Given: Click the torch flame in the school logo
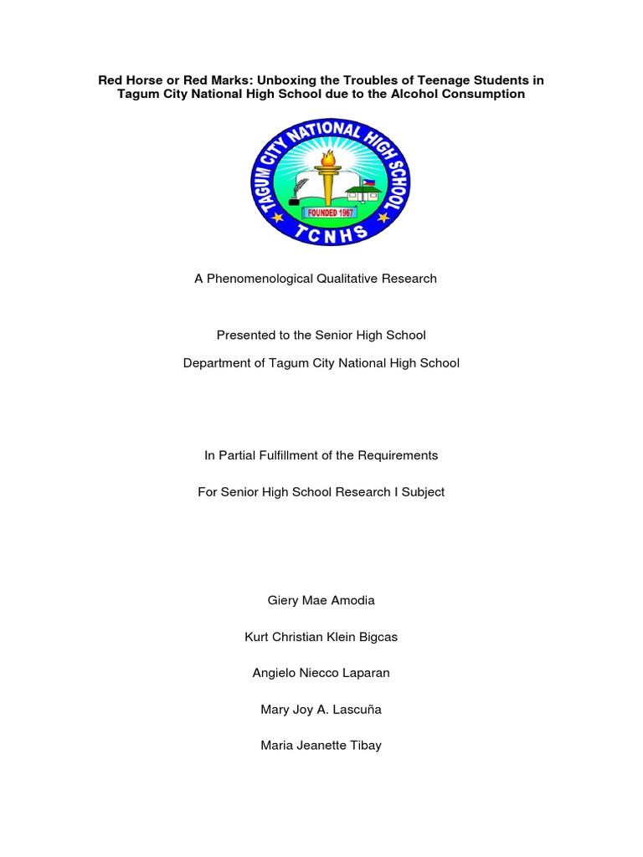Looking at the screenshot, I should pos(328,158).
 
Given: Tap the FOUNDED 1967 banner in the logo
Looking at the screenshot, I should pos(321,213).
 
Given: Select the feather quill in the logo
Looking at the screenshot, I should pos(292,194).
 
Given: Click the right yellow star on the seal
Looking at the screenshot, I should pos(384,217).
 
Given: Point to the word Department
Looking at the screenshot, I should pos(217,363).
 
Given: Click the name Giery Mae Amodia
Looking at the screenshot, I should pos(321,600).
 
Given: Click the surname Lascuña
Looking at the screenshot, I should pos(354,710).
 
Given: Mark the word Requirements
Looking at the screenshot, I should pos(398,455).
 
